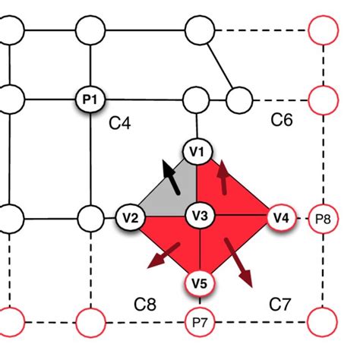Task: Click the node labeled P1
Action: [91, 98]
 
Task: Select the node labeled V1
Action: [197, 152]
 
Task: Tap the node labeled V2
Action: [130, 217]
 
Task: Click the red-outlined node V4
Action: [280, 217]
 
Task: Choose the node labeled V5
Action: [199, 284]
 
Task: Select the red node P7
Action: [199, 323]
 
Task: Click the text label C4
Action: [120, 122]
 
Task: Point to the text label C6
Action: [283, 120]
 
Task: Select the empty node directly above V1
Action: [197, 99]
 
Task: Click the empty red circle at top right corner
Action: [323, 32]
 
